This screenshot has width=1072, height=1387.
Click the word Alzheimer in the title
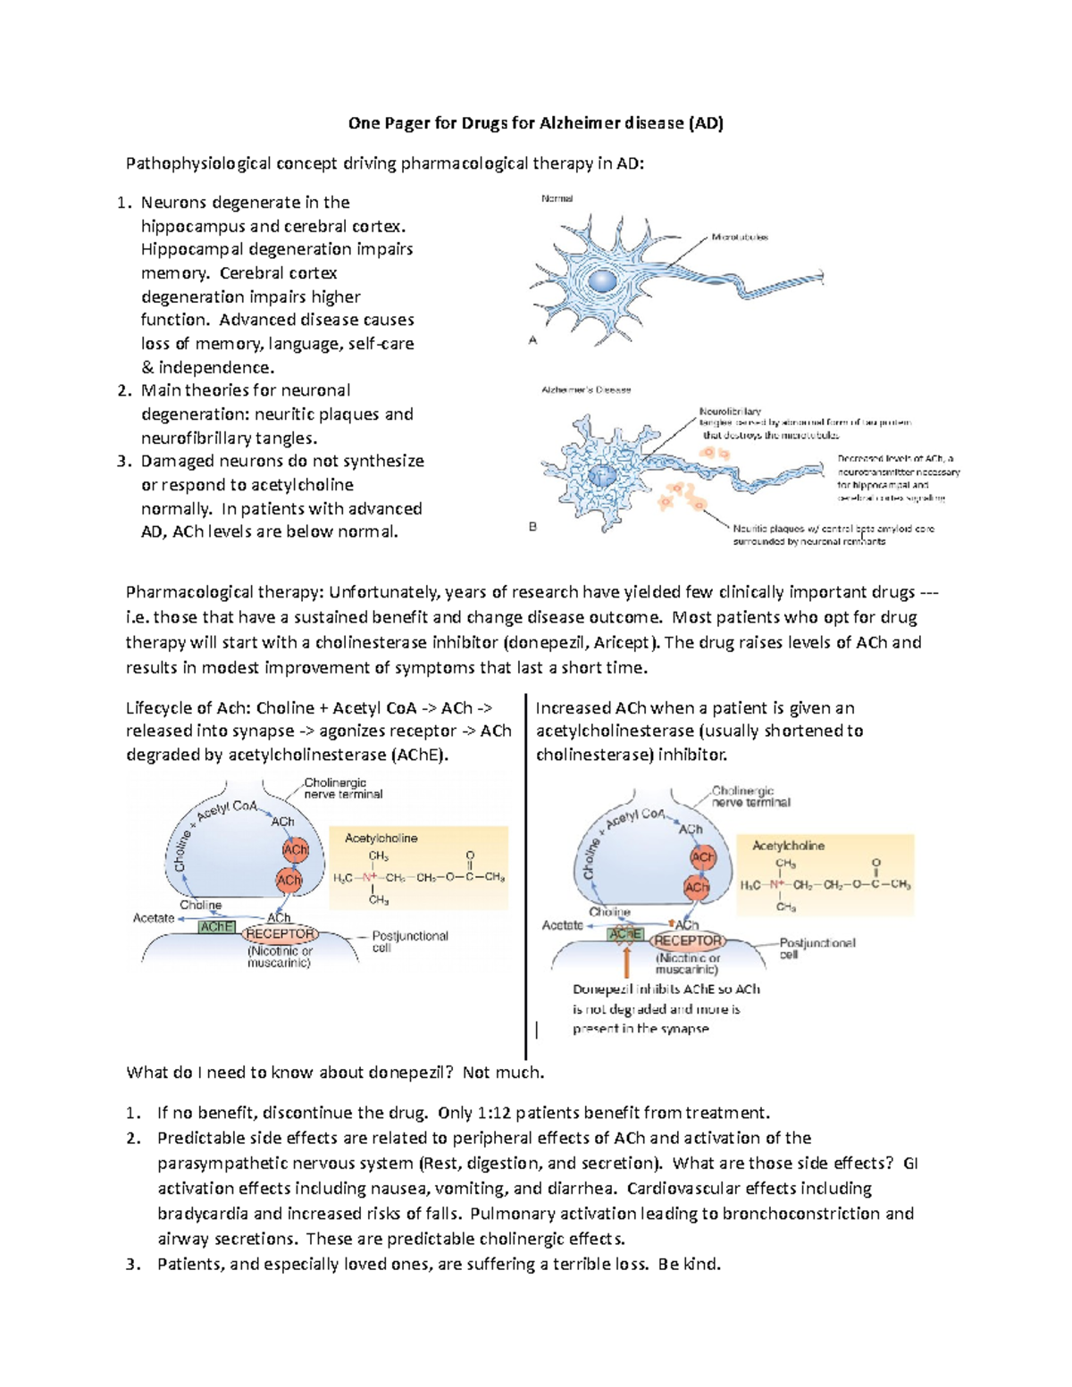coord(581,123)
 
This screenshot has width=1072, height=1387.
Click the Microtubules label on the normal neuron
coord(739,238)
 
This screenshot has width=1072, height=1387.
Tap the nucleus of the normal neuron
coord(602,281)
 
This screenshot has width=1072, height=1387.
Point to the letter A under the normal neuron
coord(533,340)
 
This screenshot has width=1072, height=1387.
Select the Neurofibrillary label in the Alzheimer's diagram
coord(730,412)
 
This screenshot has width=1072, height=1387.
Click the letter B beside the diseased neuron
coord(533,527)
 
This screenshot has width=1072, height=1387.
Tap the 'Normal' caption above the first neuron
coord(557,198)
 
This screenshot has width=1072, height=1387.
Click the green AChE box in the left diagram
coord(216,927)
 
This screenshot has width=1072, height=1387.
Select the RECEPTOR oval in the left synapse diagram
coord(281,934)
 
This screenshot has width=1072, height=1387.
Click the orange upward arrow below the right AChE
coord(627,963)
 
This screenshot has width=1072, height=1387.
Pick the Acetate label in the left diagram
coord(154,918)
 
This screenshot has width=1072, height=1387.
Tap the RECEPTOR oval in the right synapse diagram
coord(688,940)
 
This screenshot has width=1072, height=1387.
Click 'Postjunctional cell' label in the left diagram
coord(409,941)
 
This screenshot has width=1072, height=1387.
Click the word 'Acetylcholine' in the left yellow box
coord(381,839)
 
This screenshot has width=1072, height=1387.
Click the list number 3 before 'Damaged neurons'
coord(123,462)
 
